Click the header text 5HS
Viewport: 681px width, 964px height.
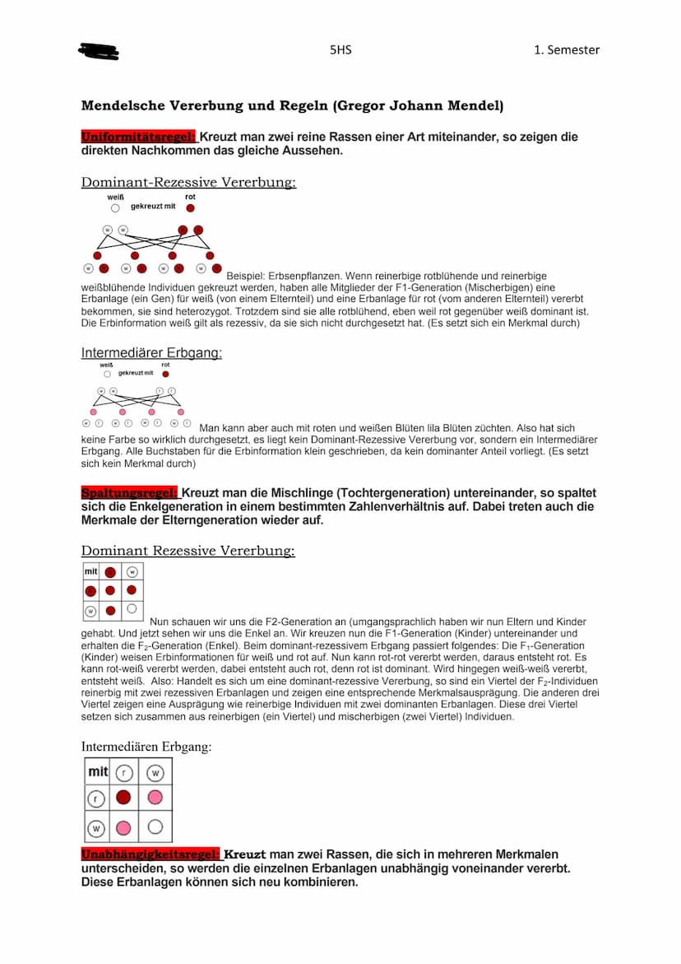pos(340,49)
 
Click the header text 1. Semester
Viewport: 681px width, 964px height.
pos(567,49)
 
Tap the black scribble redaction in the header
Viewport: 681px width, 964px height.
pos(99,51)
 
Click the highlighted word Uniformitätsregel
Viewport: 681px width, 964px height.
pos(138,137)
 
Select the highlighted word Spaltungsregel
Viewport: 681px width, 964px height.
pos(129,493)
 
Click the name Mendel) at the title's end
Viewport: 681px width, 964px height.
pos(477,106)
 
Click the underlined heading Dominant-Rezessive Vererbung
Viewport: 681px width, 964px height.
pos(188,183)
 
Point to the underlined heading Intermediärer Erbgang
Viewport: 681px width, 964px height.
pos(151,353)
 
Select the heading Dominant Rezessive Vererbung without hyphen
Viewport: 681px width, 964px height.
pos(188,551)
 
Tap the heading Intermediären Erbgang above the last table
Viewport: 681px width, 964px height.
pos(146,747)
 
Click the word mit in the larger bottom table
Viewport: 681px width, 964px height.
pos(98,772)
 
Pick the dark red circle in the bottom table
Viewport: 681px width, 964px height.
pos(123,798)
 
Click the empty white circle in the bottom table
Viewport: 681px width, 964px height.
pos(155,827)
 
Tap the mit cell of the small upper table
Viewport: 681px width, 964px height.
pos(90,571)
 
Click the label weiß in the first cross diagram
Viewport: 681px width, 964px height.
pos(115,198)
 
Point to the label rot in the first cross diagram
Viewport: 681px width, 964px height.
pos(190,198)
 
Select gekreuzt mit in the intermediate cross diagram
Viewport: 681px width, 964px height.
pos(136,373)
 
